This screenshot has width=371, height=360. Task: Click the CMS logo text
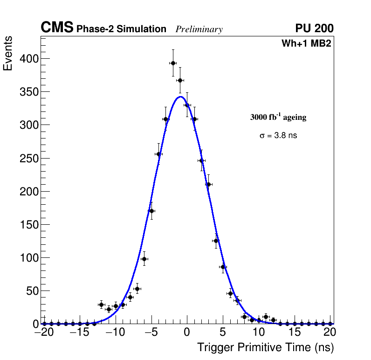click(57, 28)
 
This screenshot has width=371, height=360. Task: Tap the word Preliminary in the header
click(199, 29)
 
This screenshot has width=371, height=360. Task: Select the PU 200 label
click(314, 28)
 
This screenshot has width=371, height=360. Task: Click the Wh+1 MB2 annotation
click(306, 44)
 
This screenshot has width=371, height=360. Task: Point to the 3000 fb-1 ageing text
click(278, 117)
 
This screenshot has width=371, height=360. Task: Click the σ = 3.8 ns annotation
click(278, 136)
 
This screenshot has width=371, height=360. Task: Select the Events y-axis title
click(8, 54)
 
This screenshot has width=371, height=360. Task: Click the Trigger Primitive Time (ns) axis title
click(265, 347)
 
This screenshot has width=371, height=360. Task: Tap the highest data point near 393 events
click(173, 63)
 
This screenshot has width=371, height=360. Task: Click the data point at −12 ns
click(101, 305)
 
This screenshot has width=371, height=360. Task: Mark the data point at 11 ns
click(266, 317)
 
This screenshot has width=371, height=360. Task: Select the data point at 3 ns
click(208, 184)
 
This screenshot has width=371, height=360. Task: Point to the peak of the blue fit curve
click(180, 97)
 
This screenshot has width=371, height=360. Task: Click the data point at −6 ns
click(144, 259)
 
